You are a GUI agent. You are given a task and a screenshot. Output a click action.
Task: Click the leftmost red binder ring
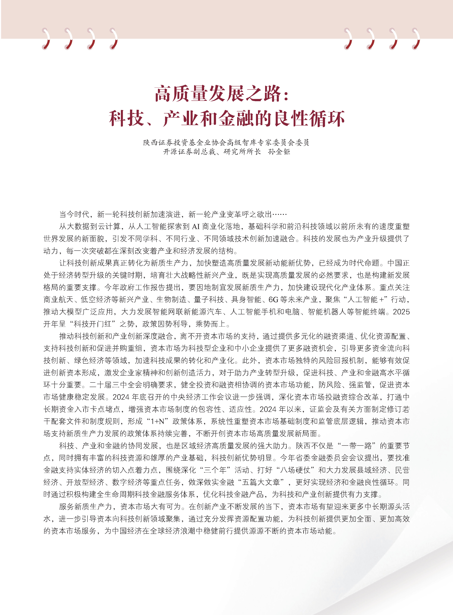click(46, 39)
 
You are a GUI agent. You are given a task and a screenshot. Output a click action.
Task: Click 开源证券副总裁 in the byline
click(189, 152)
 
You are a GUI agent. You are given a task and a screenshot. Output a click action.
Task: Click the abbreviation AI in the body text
click(196, 226)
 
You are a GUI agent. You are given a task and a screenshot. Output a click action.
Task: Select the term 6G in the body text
click(273, 300)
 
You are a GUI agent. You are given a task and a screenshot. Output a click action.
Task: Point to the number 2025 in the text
click(401, 312)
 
